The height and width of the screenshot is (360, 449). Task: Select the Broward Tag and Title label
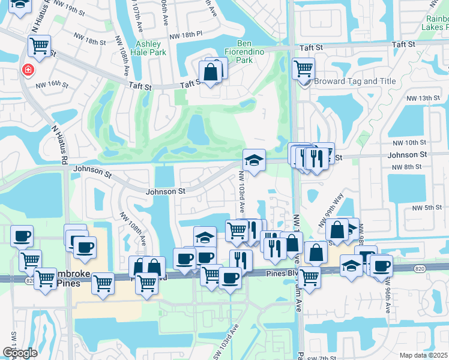[346, 81]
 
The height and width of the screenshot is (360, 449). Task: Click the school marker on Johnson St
[254, 160]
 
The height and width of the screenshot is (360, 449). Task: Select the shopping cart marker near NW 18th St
[39, 45]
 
